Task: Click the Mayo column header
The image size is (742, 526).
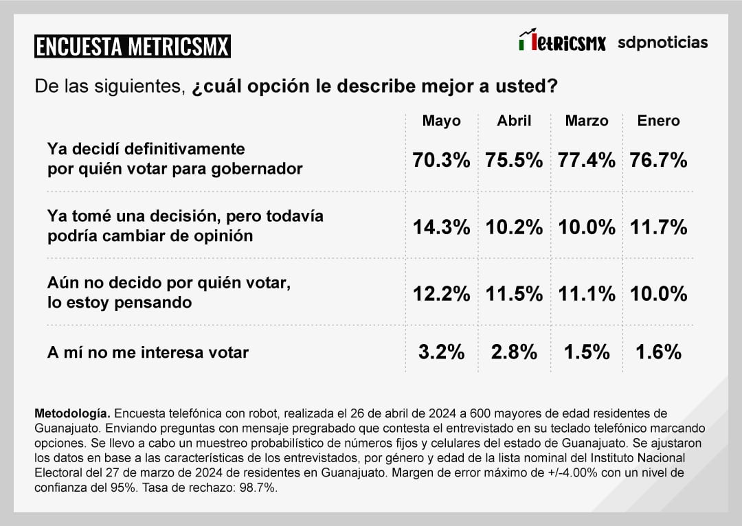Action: [x=441, y=121]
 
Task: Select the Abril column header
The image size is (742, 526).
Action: [x=514, y=121]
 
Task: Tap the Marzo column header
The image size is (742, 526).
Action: [x=587, y=121]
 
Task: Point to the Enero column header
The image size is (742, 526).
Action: [x=658, y=121]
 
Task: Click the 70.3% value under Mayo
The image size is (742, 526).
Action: [x=441, y=161]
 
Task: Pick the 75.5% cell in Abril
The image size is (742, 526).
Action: [x=514, y=161]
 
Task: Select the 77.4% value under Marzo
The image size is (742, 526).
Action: [x=587, y=161]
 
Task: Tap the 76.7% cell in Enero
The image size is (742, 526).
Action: [x=658, y=161]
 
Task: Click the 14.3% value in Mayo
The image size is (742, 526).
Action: [x=441, y=227]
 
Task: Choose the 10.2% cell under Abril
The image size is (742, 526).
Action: [x=514, y=227]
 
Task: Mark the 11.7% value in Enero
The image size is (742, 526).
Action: [x=658, y=227]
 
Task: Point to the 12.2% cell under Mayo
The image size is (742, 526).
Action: [x=441, y=294]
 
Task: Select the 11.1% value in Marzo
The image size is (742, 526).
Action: [x=587, y=294]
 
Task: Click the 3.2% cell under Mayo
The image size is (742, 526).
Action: [x=441, y=352]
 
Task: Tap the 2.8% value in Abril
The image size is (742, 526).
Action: [x=514, y=352]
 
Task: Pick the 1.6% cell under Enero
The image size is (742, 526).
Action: [x=658, y=352]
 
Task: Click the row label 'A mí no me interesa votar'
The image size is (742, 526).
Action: [x=148, y=352]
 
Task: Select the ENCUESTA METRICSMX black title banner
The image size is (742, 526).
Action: [x=132, y=46]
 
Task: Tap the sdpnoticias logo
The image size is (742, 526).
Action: [x=662, y=43]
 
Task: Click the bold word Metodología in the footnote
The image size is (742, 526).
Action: [x=71, y=413]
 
